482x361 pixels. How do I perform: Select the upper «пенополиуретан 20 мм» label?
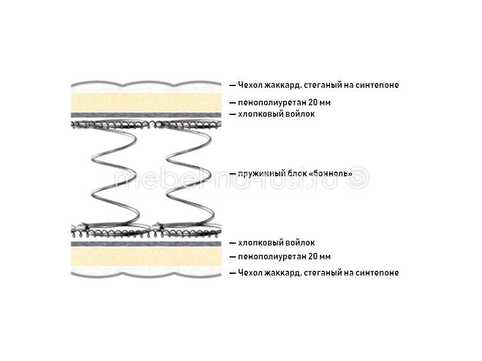coord(284,102)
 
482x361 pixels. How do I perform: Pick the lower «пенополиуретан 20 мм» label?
coord(284,257)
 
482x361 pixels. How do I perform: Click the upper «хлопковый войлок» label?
coord(277,114)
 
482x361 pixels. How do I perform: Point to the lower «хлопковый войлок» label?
coord(277,243)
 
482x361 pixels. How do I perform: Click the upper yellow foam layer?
coord(146,102)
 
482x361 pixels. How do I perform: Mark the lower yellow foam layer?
coord(146,257)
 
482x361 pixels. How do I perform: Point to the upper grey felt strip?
coord(146,115)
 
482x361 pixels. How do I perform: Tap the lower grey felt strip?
coord(146,244)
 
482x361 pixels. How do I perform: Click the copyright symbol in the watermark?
coord(357,177)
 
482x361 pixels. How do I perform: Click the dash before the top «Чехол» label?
coord(233,85)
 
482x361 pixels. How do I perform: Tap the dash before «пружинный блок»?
coord(233,174)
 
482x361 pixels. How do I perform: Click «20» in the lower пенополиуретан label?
coord(313,256)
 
